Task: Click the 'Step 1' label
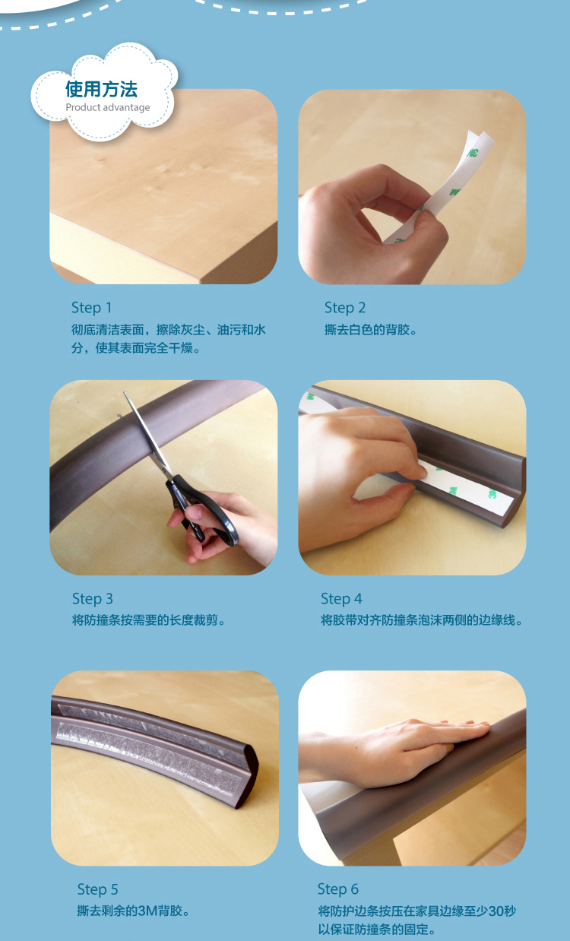click(91, 308)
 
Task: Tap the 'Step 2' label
click(345, 308)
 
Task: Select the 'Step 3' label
click(93, 599)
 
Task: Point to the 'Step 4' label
click(341, 599)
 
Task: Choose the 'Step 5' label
click(97, 889)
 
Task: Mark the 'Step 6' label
click(338, 889)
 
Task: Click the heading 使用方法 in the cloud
click(101, 89)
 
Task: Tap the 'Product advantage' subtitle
click(107, 107)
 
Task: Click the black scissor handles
click(201, 511)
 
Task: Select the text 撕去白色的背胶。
click(371, 330)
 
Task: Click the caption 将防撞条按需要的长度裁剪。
click(149, 620)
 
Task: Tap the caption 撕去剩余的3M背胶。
click(134, 911)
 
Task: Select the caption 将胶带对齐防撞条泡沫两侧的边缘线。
click(422, 620)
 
